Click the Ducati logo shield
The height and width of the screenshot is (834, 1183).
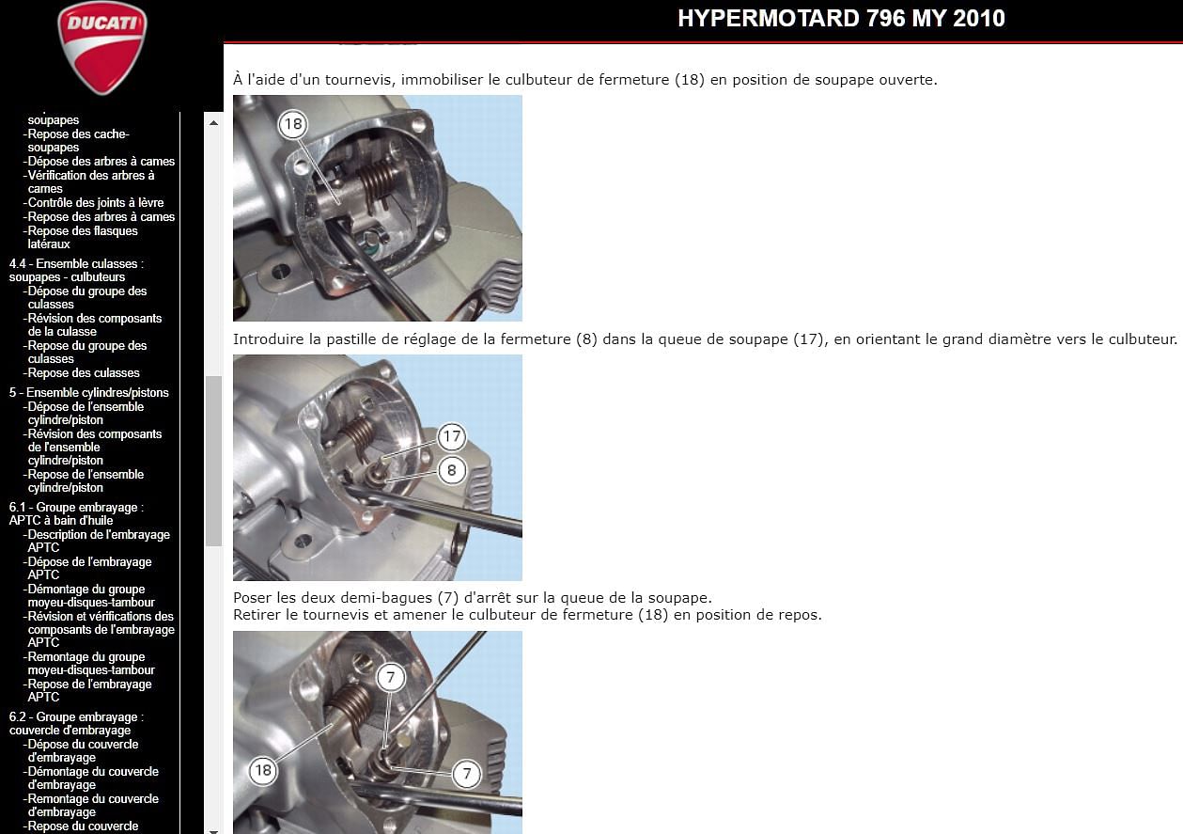point(101,48)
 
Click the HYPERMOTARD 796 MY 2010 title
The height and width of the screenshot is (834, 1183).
point(841,19)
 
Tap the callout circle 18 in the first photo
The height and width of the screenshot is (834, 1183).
point(293,124)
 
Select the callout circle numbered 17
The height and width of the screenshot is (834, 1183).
point(452,436)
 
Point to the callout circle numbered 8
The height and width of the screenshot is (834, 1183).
point(452,470)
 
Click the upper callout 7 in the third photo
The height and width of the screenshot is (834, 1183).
point(390,677)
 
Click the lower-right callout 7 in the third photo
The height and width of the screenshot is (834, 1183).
point(466,774)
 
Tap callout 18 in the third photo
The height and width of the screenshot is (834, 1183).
point(263,770)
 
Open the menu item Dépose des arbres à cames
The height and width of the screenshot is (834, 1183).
point(101,161)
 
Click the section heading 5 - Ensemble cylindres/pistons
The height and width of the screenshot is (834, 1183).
point(88,392)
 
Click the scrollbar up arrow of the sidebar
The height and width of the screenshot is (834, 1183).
point(213,123)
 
